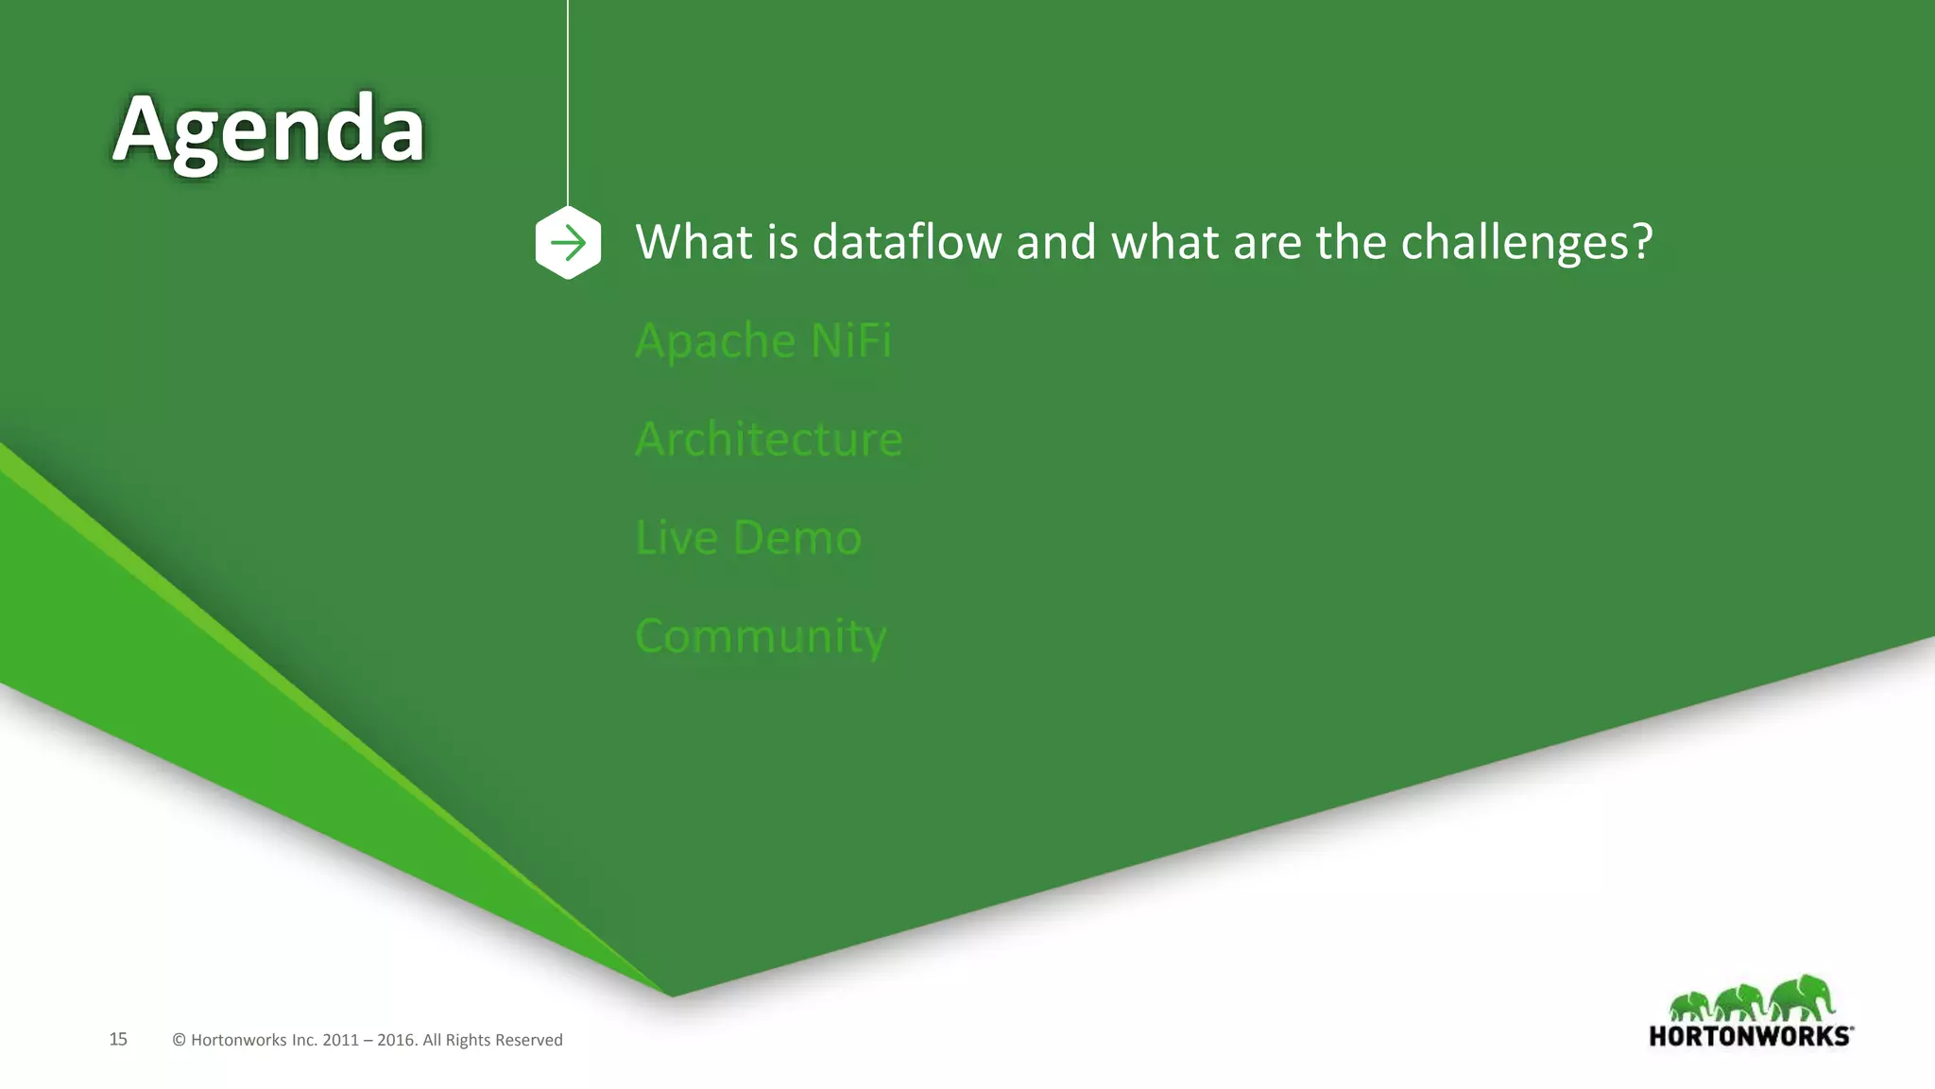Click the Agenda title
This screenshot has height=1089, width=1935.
[268, 130]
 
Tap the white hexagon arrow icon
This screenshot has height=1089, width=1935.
[568, 243]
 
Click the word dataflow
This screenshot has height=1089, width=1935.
[906, 242]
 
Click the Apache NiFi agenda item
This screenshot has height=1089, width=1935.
[762, 340]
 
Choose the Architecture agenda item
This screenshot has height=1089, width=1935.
[768, 440]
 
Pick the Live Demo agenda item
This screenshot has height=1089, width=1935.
[748, 538]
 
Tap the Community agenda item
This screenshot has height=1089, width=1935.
[761, 636]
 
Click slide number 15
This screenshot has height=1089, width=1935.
[118, 1039]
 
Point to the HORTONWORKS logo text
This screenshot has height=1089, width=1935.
[1750, 1036]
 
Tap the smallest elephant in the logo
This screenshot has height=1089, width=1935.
[1689, 1006]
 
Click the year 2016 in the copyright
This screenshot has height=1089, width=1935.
[396, 1040]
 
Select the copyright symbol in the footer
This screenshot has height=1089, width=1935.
[179, 1040]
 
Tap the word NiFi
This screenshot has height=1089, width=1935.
[850, 340]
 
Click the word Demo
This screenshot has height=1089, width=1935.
[796, 538]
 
